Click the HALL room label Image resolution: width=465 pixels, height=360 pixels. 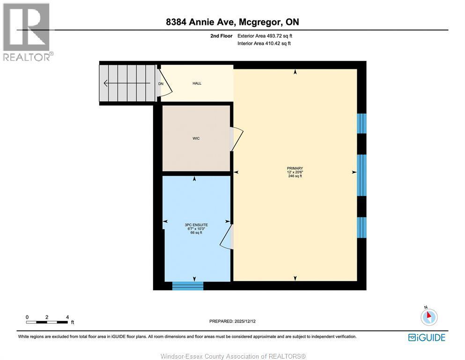197,83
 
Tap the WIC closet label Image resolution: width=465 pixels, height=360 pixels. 196,138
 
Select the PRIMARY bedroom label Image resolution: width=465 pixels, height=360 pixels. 295,168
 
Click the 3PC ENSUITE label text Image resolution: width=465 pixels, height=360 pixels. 196,225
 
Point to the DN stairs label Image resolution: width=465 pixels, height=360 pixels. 161,84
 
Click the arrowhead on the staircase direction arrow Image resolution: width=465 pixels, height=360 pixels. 106,84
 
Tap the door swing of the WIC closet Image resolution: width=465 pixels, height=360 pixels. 237,139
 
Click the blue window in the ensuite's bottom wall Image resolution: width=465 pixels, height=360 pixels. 188,285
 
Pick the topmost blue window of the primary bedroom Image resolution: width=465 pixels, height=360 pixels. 362,123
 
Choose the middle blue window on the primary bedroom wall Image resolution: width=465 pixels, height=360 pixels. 362,175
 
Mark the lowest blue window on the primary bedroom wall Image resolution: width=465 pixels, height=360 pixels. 362,227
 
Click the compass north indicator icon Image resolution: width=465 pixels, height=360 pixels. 429,317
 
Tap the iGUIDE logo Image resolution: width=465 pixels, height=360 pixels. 427,337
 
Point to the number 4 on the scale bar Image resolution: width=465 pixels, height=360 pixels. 67,317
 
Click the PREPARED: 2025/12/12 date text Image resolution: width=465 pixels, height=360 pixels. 232,321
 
